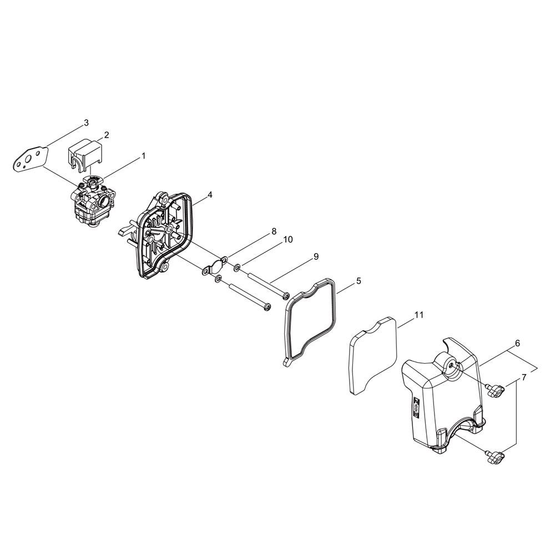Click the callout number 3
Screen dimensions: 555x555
click(87, 123)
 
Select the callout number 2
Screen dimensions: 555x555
click(106, 135)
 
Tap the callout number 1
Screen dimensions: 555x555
click(143, 155)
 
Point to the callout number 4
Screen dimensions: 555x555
click(210, 194)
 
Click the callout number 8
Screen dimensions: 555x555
click(274, 231)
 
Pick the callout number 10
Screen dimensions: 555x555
click(287, 240)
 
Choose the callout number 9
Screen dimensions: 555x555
click(316, 256)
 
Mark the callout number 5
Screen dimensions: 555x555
click(359, 271)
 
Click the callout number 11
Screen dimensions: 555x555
click(418, 315)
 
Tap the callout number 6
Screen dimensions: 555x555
click(517, 343)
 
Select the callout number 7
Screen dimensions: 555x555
click(524, 377)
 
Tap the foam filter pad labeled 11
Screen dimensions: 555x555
click(374, 355)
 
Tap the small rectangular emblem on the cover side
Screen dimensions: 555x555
click(416, 408)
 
